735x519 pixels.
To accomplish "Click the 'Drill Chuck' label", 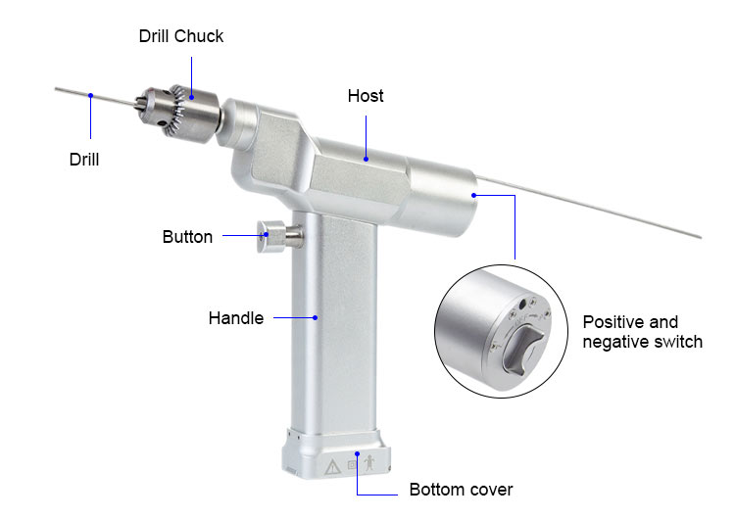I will click(180, 36).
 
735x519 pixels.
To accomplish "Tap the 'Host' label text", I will click(366, 96).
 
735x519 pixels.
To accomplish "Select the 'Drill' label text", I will click(84, 158).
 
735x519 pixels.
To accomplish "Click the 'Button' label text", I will click(187, 236).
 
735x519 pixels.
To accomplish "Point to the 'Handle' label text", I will click(235, 317).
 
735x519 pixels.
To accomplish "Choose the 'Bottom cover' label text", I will click(461, 489).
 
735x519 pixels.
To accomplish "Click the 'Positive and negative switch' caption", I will click(643, 332).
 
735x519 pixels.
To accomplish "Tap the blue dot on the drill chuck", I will click(192, 96).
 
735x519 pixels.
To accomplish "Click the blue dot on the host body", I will click(366, 157).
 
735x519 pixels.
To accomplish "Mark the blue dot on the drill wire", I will click(90, 96).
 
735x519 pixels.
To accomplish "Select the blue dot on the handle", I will click(317, 316).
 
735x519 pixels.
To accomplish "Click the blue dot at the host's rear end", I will click(473, 195).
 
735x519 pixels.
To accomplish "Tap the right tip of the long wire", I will click(700, 236).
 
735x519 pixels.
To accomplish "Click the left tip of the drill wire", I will click(57, 89).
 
